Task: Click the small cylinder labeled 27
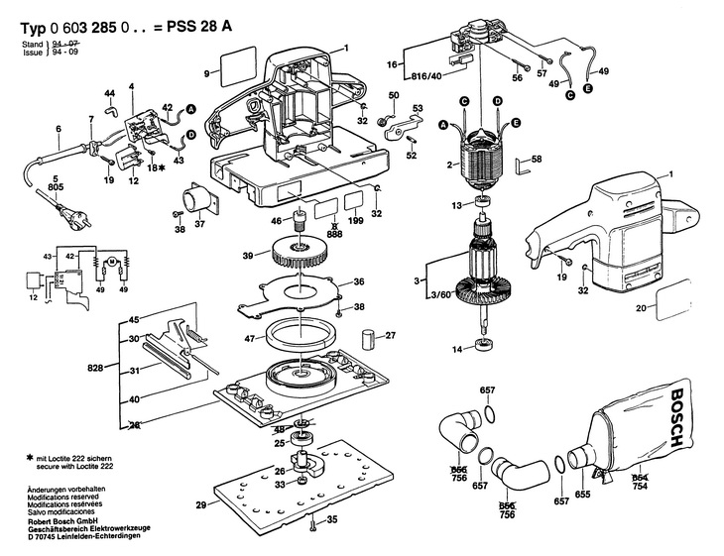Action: click(x=368, y=339)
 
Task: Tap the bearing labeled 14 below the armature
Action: click(x=486, y=347)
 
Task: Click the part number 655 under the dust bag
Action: click(x=582, y=493)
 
